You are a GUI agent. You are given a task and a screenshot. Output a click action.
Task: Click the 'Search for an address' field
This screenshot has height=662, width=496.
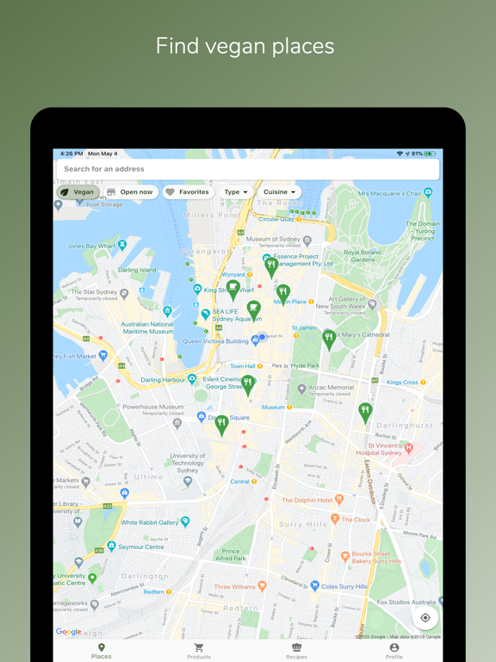point(247,169)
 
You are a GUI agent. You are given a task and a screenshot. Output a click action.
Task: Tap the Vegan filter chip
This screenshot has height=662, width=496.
point(77,192)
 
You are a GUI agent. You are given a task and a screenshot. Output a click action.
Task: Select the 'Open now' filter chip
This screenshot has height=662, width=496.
point(130,192)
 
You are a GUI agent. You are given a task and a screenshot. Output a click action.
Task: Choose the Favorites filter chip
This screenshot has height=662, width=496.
point(188,192)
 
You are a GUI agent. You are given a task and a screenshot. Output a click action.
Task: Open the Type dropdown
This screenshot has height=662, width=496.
point(236,192)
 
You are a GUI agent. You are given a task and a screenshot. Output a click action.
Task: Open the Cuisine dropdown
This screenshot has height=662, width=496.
point(280,192)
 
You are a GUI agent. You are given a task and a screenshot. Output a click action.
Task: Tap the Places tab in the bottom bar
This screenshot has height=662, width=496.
point(102,651)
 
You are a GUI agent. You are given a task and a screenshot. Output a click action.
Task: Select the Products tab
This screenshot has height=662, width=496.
point(199,651)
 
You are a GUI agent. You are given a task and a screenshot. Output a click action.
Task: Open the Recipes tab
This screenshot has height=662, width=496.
point(296,651)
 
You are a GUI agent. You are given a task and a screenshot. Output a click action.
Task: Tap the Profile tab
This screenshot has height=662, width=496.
point(394,651)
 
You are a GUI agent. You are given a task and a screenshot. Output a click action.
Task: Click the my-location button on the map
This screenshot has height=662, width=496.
point(425,617)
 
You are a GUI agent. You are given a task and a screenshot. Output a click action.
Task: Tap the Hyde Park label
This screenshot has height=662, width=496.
point(305,365)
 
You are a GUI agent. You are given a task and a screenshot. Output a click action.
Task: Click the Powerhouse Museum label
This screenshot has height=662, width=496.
point(152,407)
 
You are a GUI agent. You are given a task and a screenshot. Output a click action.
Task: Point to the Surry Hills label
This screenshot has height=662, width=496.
point(302,524)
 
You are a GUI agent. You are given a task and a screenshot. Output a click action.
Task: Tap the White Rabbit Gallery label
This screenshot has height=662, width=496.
point(150,522)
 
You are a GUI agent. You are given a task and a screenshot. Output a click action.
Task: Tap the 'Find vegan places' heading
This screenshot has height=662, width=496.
point(245,46)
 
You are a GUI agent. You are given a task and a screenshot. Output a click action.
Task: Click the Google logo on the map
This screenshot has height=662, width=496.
point(69,632)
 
